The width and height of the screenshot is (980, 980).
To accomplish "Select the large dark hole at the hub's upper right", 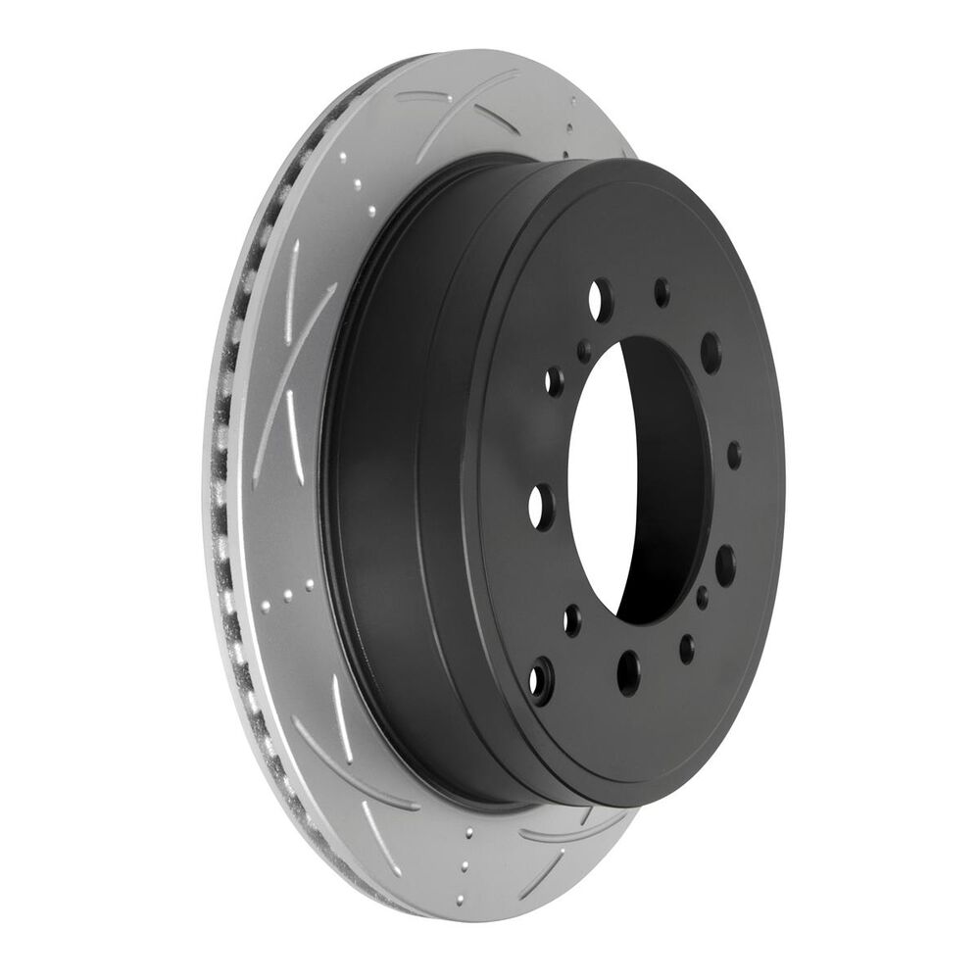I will (x=711, y=349).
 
